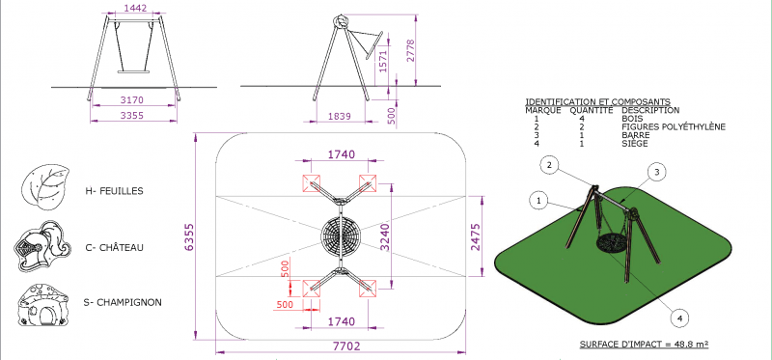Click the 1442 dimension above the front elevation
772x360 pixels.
click(135, 9)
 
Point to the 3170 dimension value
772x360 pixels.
click(132, 100)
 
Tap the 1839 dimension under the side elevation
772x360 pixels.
click(340, 117)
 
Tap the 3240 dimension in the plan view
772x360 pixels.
click(385, 237)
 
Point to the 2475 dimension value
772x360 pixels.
click(476, 237)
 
